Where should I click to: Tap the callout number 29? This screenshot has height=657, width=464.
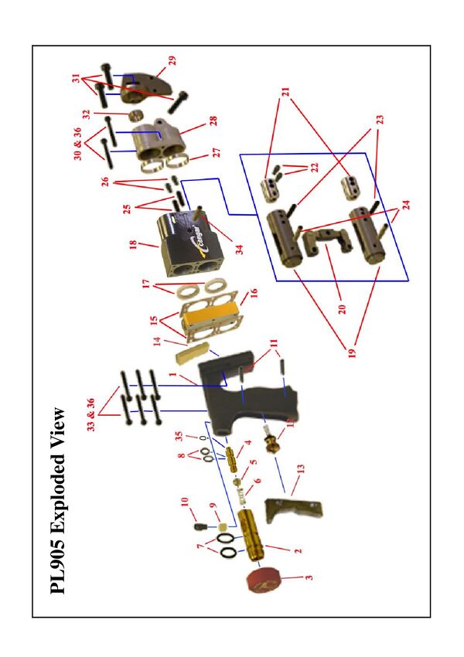point(172,61)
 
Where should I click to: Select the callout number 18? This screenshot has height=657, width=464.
point(133,243)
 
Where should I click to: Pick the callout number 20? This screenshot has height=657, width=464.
point(342,309)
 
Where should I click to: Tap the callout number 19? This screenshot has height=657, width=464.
point(352,352)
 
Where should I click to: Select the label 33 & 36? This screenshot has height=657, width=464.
point(90,414)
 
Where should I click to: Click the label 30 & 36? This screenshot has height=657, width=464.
point(77,144)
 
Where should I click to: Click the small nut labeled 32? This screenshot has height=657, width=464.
point(135,114)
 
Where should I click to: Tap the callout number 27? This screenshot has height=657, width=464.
point(217,151)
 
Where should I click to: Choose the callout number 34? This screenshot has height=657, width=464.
point(239,250)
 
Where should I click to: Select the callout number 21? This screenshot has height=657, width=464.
point(285,92)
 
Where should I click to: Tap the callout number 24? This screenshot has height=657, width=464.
point(406,205)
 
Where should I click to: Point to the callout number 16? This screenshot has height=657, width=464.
point(253,292)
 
